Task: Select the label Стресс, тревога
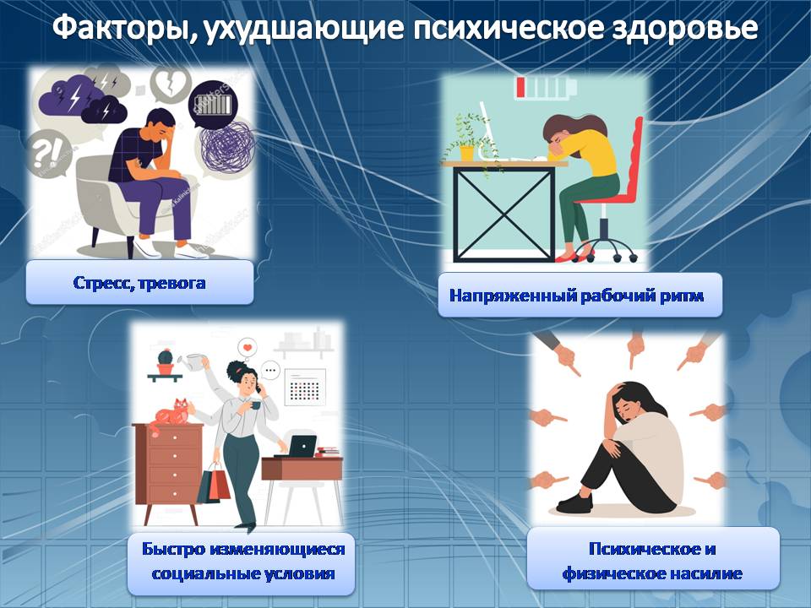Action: [139, 284]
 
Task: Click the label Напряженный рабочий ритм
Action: [576, 296]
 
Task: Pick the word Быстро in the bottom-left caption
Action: [174, 549]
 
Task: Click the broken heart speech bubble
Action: [170, 83]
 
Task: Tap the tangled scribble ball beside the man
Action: [227, 146]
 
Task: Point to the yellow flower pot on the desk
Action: [466, 153]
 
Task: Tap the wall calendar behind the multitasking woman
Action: [305, 387]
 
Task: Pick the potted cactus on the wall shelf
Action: [165, 361]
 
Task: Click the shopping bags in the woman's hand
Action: [214, 483]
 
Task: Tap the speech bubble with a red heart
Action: [248, 347]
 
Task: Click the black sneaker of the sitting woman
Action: [574, 502]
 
